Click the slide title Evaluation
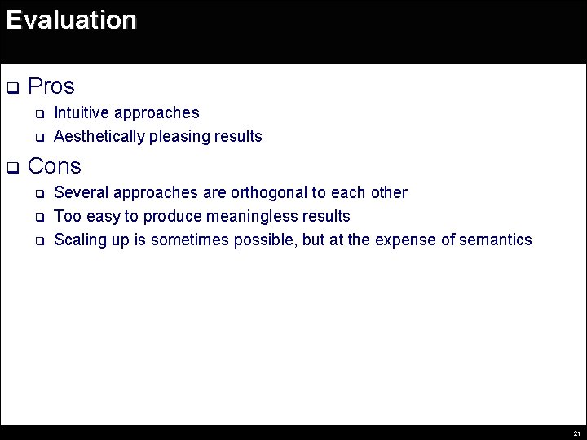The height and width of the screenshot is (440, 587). coord(71,20)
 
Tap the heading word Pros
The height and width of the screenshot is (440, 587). coord(51,86)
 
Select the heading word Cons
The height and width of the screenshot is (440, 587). coord(55,166)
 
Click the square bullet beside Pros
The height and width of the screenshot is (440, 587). coord(12,87)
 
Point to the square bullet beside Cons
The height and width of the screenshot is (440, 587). coord(12,168)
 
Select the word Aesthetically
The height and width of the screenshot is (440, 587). coord(99,136)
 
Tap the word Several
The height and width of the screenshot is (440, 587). coord(82,193)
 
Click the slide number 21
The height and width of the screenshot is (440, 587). coord(576,433)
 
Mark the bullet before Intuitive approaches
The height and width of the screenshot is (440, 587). coord(38,113)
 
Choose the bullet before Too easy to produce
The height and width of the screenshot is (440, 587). coord(38,218)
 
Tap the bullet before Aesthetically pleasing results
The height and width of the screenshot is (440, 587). coord(38,137)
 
